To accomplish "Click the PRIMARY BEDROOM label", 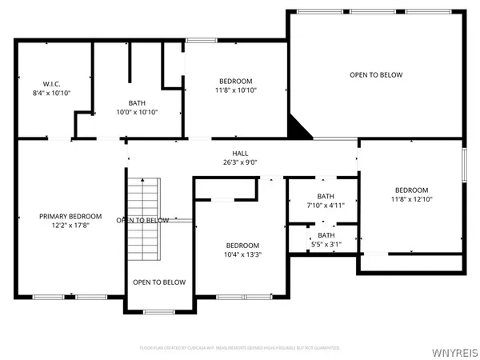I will point(72,216).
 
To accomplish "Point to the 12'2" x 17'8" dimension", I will point(72,226).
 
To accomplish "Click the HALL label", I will point(240,153).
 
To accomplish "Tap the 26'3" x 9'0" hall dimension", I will point(240,162).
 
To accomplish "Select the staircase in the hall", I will point(143,220).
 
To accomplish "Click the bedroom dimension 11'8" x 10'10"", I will point(236,91).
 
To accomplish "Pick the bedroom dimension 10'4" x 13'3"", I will point(242,254).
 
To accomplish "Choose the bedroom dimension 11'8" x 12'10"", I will point(411,199).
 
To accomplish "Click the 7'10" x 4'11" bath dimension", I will point(326,206).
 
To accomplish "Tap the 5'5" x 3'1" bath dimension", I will point(326,244).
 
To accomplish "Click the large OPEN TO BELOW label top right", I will point(376,75).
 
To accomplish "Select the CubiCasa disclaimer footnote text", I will point(240,348).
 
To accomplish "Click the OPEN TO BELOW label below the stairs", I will point(159,282).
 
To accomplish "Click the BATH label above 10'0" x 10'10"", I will point(137,102).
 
